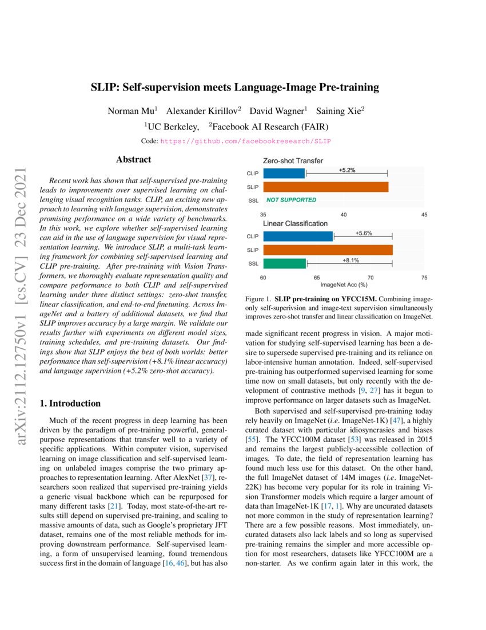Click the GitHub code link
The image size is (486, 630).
coord(246,140)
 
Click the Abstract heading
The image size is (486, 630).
coord(133,160)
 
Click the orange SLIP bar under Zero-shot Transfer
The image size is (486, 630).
coord(326,187)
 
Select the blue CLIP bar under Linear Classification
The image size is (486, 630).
coord(298,236)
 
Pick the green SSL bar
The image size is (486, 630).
coord(285,263)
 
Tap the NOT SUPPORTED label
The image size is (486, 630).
coord(291,200)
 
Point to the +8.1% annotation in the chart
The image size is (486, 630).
coord(350,261)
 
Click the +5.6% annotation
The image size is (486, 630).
coord(364,233)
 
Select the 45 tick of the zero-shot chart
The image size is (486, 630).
coord(424,214)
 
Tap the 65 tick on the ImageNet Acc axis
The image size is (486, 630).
coord(317,277)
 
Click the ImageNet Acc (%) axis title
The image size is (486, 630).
coord(344,284)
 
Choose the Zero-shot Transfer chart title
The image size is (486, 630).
coord(293,160)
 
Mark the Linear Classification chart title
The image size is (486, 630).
coord(295,223)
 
